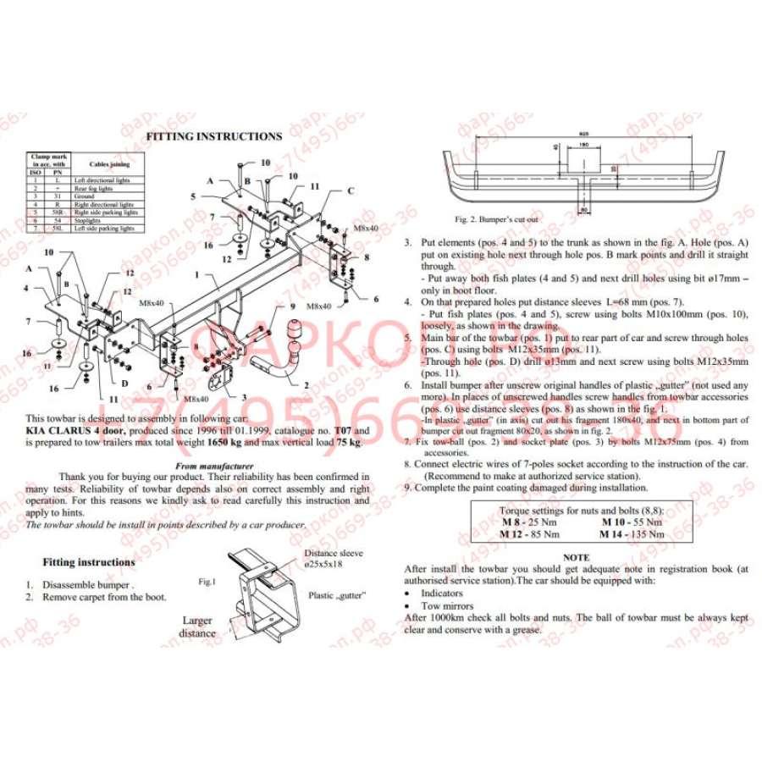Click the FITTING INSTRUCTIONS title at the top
pos(214,135)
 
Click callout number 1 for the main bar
pos(196,275)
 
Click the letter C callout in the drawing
pos(350,190)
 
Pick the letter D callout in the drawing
pos(125,383)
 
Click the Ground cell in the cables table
pos(85,196)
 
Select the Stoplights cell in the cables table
pos(88,220)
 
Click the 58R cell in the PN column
pos(58,213)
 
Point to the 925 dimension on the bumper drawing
pos(584,134)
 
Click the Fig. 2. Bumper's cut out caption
pos(496,219)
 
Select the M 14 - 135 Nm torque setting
pos(632,534)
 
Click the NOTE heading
pos(577,558)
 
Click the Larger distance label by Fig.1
pos(197,627)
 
